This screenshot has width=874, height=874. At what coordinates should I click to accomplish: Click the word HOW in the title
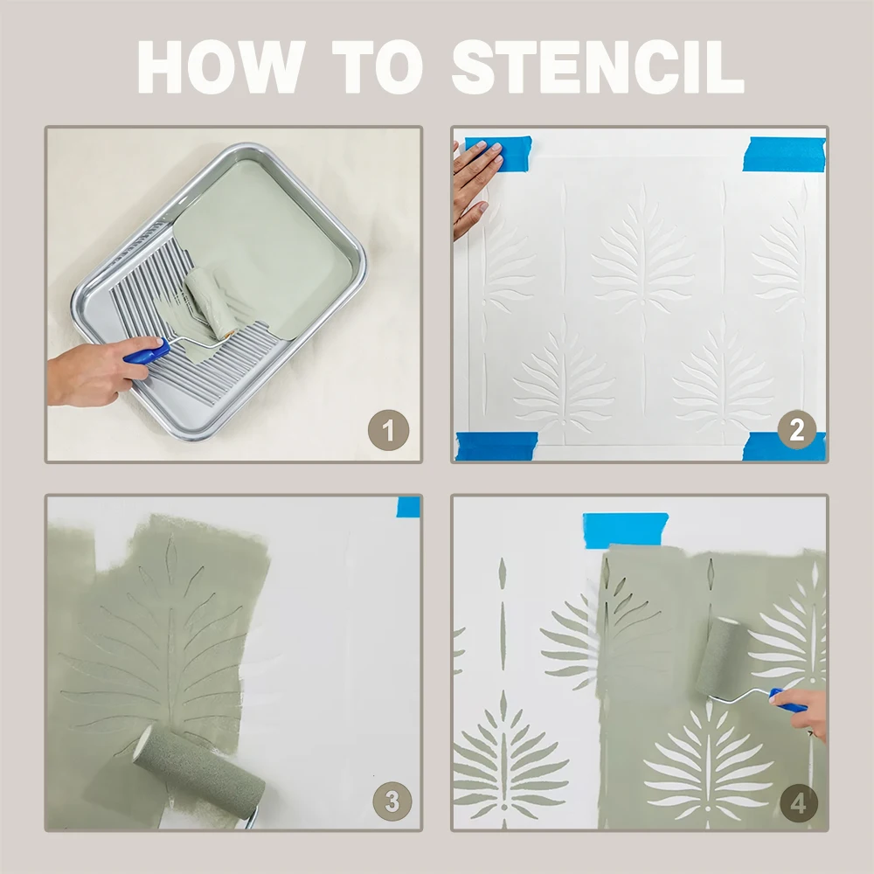(221, 67)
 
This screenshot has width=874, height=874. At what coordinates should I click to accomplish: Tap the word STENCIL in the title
(598, 67)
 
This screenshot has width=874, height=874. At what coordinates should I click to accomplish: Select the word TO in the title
(378, 67)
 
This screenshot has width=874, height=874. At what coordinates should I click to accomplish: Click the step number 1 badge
(389, 430)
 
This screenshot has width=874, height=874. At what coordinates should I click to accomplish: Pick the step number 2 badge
(797, 430)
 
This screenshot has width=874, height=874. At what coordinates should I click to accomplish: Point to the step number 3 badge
(392, 801)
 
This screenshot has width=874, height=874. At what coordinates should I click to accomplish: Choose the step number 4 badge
(798, 803)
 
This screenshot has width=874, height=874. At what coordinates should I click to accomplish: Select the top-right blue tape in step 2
(784, 153)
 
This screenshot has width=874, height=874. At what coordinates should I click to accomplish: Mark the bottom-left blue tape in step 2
(496, 446)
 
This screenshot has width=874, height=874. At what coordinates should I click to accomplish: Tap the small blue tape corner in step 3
(408, 507)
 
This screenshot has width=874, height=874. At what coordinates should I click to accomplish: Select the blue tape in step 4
(625, 530)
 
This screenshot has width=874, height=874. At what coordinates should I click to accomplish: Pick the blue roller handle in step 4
(787, 701)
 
